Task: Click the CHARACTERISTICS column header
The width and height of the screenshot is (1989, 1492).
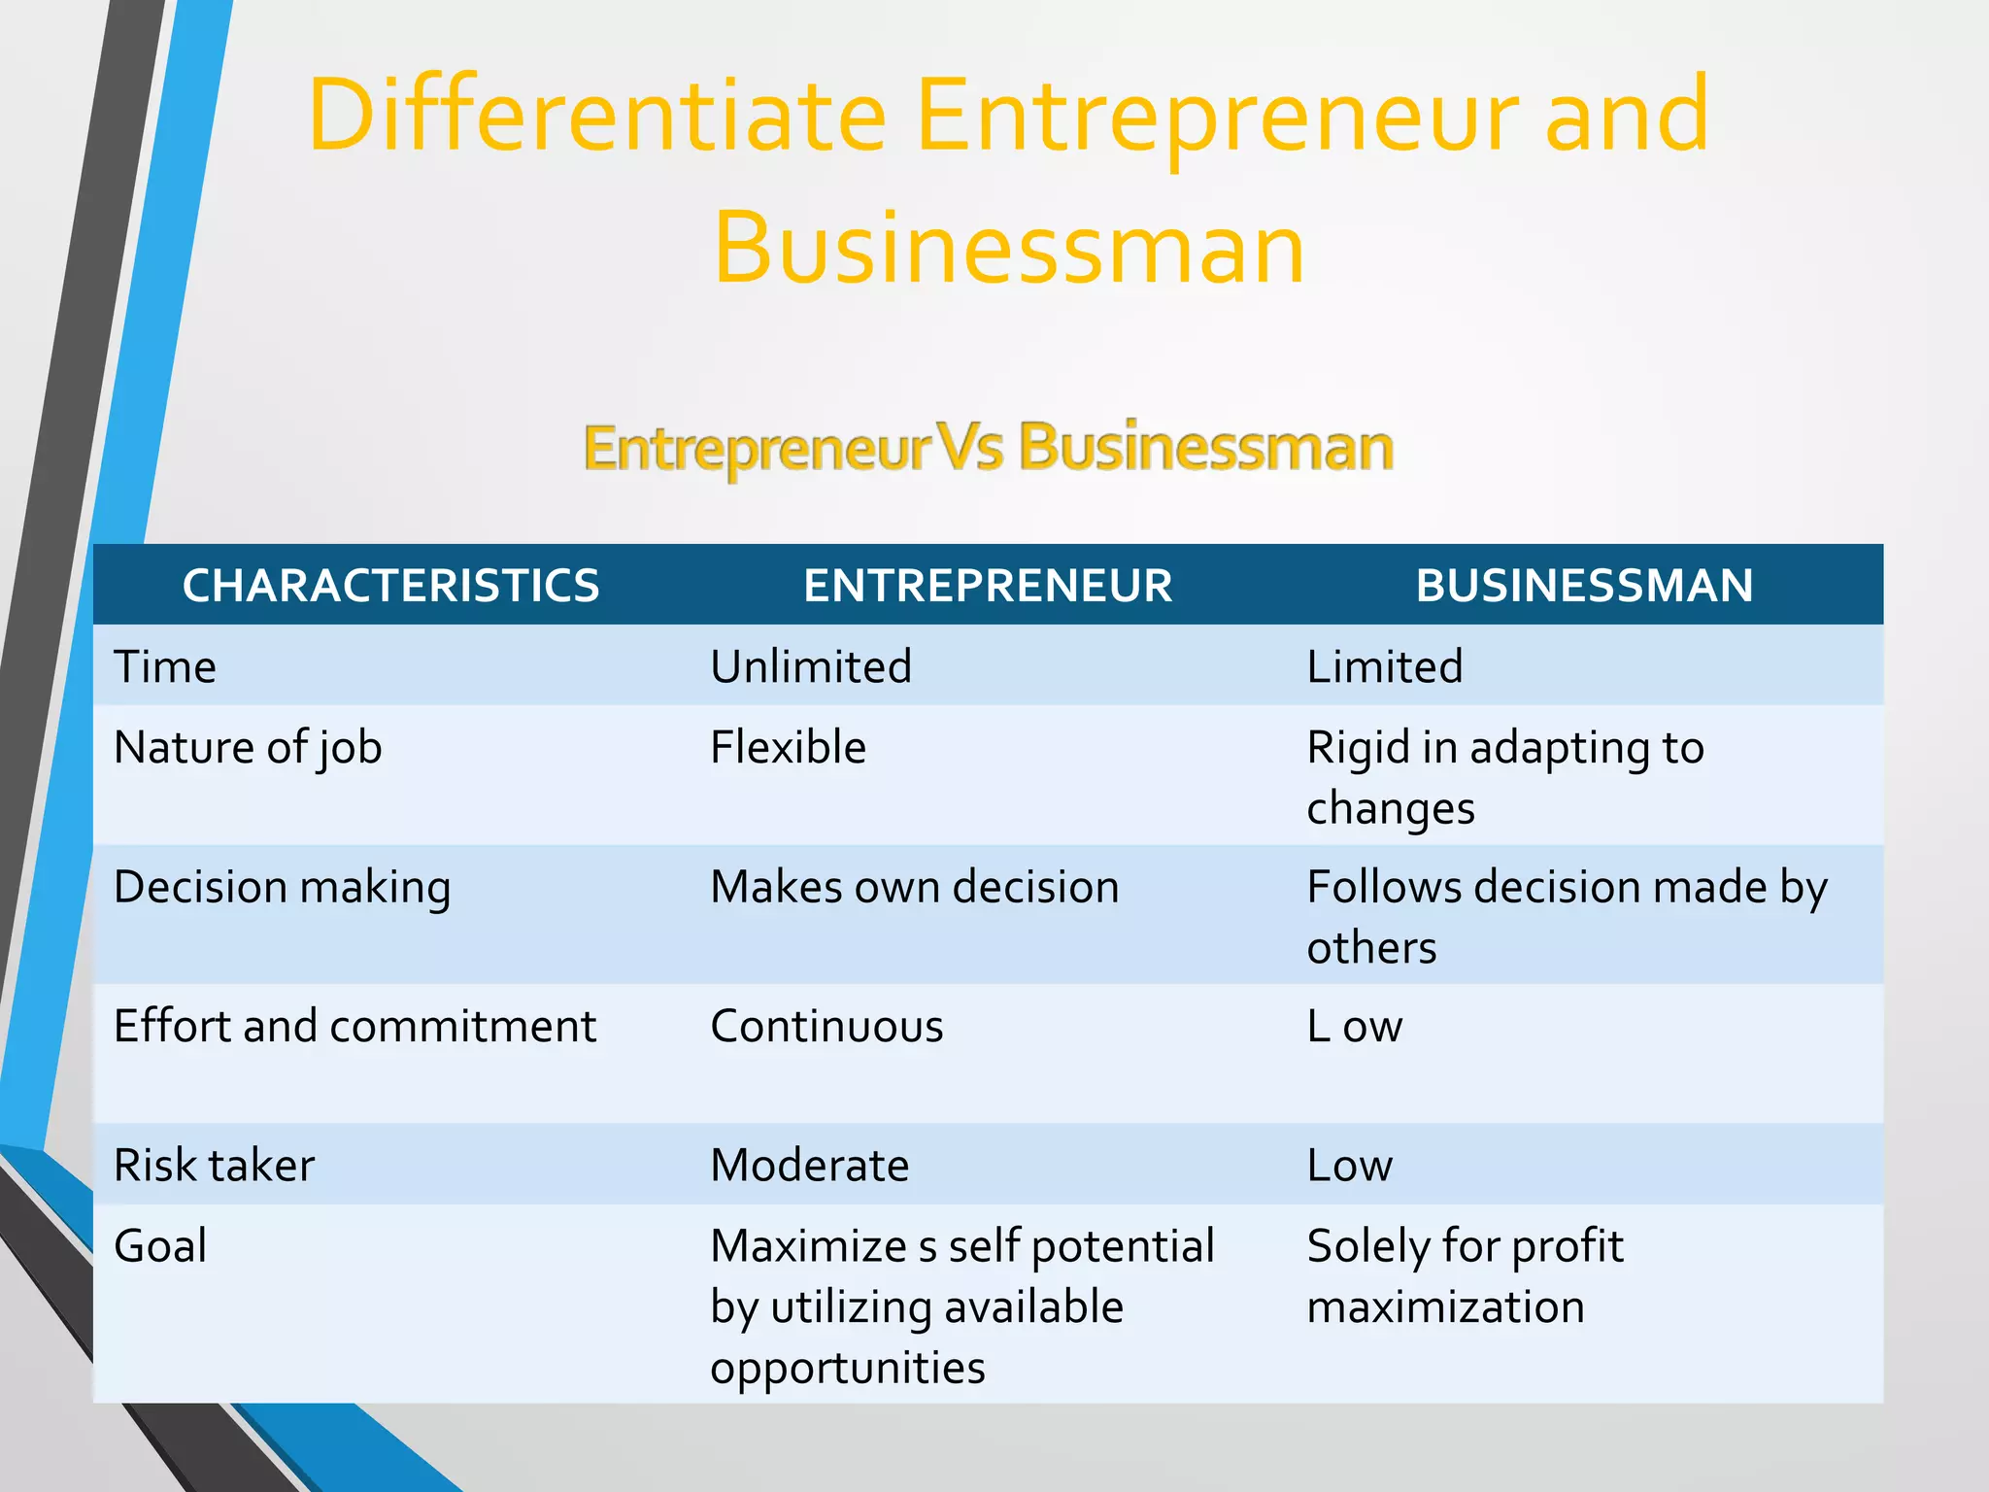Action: [x=390, y=586]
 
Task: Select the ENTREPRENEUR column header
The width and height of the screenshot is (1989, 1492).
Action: [x=988, y=586]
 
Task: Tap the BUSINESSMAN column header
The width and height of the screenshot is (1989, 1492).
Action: [x=1584, y=586]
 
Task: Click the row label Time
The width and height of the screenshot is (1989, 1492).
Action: [x=165, y=667]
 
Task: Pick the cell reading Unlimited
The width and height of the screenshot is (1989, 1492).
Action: [x=811, y=667]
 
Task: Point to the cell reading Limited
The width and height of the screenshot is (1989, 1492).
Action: [x=1384, y=667]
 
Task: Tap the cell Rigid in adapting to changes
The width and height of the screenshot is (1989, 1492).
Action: [x=1504, y=777]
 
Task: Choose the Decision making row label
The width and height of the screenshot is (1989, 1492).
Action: [x=282, y=888]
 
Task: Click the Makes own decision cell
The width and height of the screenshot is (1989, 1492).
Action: [x=914, y=888]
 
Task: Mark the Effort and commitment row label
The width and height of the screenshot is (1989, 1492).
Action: [x=354, y=1027]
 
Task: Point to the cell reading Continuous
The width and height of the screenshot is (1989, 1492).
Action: [x=826, y=1027]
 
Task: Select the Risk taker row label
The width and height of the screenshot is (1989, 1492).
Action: [x=214, y=1166]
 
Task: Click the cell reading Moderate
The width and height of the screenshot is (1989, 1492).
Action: [x=809, y=1166]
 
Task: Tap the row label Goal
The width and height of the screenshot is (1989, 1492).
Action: [x=160, y=1246]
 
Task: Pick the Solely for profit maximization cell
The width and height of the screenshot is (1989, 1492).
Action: [x=1464, y=1275]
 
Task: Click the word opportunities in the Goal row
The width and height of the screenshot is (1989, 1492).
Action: [x=847, y=1368]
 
